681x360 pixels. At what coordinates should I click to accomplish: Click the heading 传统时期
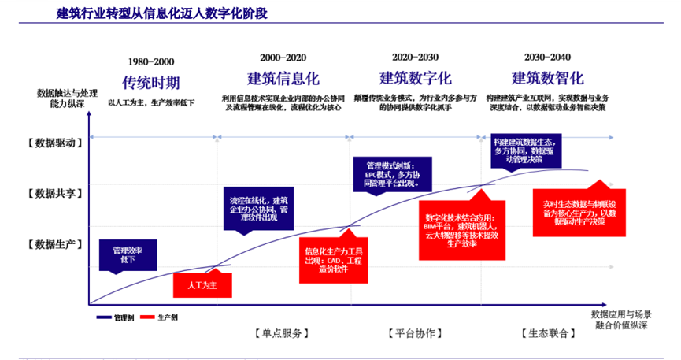pyautogui.click(x=150, y=82)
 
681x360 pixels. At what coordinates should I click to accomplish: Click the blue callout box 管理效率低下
pyautogui.click(x=128, y=254)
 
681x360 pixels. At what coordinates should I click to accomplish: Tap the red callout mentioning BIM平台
pyautogui.click(x=457, y=230)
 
